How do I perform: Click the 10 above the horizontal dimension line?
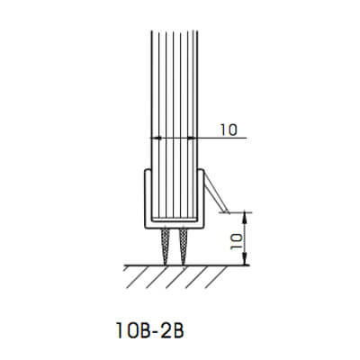point(228,130)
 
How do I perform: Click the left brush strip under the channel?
point(166,244)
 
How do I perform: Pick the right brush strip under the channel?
point(185,244)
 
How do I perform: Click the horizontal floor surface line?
point(171,264)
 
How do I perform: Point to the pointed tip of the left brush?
point(166,261)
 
